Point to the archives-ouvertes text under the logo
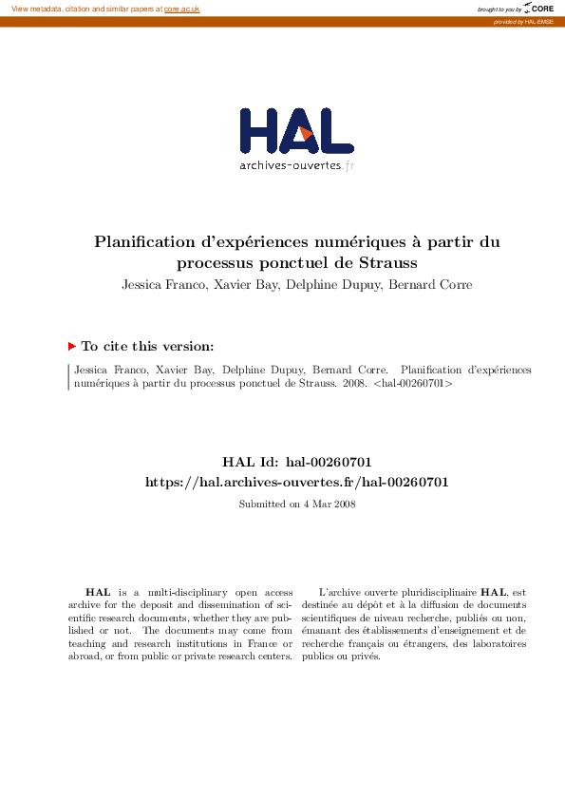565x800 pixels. tap(291, 165)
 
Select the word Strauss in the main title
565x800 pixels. tap(387, 262)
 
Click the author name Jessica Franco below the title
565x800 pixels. tap(161, 284)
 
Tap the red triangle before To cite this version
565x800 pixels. tap(72, 347)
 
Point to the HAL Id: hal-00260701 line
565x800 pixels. tap(296, 462)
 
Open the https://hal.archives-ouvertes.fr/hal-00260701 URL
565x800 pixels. tap(296, 482)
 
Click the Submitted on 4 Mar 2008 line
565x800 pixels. tap(296, 504)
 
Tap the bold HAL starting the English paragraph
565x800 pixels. tap(97, 591)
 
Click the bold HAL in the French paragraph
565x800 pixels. tap(495, 591)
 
